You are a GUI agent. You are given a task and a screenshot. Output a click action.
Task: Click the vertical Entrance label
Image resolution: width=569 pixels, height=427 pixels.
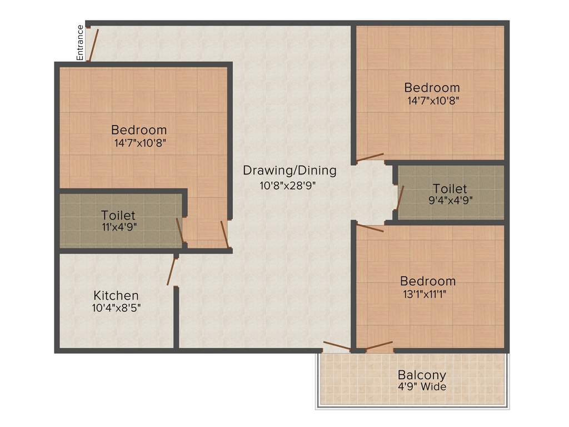(x=80, y=43)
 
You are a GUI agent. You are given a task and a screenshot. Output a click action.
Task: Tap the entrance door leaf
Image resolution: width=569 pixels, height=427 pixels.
(x=94, y=44)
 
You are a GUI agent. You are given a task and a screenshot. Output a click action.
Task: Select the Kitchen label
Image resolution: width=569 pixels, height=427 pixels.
(x=116, y=295)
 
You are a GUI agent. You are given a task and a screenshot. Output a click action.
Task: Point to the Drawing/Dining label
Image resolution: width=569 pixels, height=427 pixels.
(x=290, y=171)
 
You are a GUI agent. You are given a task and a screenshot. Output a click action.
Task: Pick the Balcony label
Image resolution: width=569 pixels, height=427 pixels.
(x=421, y=375)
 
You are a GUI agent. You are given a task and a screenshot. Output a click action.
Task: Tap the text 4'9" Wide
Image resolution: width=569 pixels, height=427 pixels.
(x=421, y=386)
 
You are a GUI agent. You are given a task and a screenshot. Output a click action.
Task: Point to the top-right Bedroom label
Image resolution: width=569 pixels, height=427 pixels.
(x=432, y=87)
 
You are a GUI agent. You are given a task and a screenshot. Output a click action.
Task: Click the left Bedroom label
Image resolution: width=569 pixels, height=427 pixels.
(x=139, y=130)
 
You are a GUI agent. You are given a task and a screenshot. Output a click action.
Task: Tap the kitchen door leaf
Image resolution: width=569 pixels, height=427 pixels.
(x=172, y=271)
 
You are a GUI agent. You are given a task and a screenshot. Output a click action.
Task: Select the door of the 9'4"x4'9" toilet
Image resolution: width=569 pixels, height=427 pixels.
(x=400, y=197)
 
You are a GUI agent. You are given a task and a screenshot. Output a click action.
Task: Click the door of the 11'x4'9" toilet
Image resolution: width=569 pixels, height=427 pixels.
(x=179, y=231)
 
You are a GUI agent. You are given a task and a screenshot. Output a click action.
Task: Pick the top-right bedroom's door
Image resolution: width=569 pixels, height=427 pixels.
(x=370, y=157)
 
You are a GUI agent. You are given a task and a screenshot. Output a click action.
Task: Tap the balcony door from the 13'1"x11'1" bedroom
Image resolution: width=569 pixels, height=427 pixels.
(x=379, y=345)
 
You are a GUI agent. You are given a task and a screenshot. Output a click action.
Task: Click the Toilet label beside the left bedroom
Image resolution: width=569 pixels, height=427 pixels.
(x=118, y=215)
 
